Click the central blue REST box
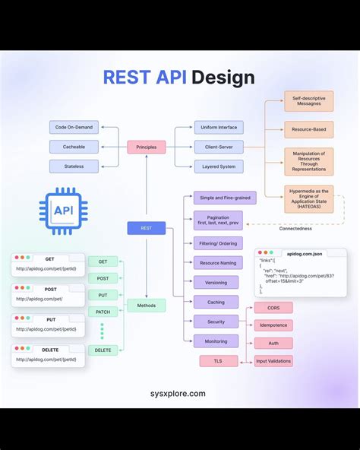[146, 227]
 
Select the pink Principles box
[146, 147]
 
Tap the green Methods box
[146, 306]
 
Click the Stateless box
[74, 166]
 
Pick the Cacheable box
[74, 147]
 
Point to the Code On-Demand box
[74, 128]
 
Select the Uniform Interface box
[218, 128]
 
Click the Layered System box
[218, 166]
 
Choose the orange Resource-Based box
[308, 129]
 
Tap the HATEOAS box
[308, 199]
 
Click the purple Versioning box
[216, 282]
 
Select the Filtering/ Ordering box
[216, 243]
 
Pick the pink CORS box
[273, 308]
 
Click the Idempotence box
[273, 325]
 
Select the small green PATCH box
[103, 312]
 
